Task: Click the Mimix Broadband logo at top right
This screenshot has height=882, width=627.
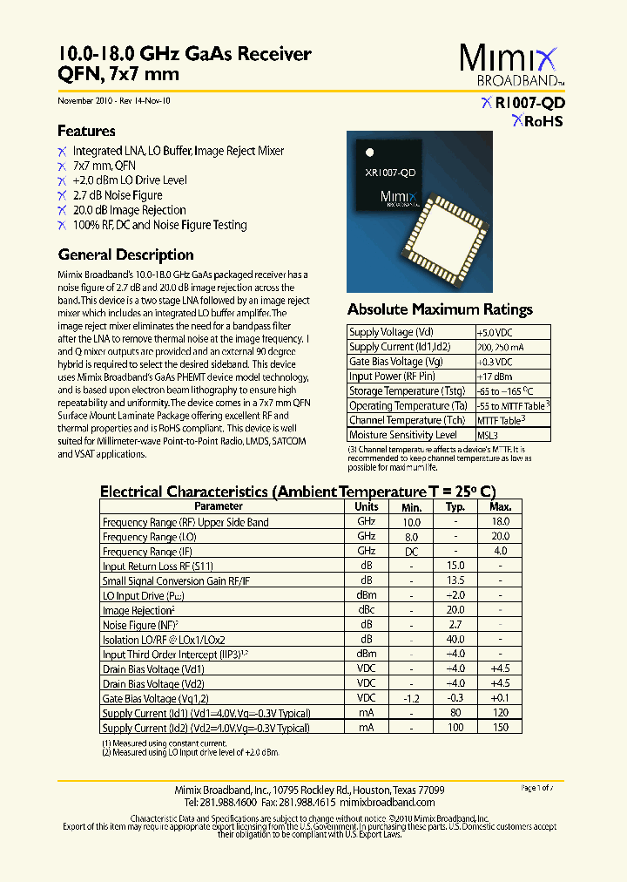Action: [512, 65]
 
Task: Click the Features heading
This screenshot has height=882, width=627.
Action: [86, 132]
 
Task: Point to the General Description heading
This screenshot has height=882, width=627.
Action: [125, 255]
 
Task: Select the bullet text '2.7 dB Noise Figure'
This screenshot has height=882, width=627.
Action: [118, 195]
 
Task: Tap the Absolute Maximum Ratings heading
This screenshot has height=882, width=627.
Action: [440, 309]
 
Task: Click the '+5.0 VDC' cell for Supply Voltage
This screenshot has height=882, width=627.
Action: [495, 332]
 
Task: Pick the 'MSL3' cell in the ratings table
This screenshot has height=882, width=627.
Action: [489, 435]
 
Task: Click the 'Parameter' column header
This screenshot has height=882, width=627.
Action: [219, 506]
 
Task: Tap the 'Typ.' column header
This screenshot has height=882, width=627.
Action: [455, 507]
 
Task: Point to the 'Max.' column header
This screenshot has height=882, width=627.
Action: [501, 507]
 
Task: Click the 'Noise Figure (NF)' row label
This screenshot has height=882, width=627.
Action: [140, 625]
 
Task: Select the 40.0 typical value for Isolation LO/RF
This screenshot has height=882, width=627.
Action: [455, 640]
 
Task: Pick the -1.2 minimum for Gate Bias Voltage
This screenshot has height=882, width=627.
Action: [411, 698]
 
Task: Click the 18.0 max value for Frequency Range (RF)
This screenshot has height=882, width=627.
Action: [501, 522]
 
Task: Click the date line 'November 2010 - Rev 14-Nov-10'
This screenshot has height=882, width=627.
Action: [114, 101]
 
